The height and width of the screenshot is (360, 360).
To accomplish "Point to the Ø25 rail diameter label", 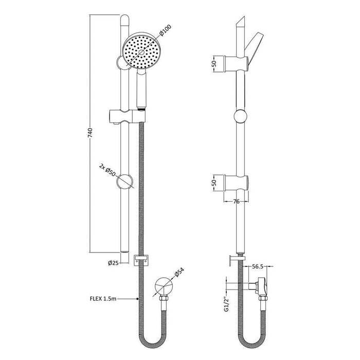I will [114, 263].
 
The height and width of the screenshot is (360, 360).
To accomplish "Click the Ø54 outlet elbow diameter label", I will [179, 275].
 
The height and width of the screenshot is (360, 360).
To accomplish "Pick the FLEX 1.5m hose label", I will [103, 298].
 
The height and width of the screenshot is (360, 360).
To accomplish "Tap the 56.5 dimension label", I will [258, 267].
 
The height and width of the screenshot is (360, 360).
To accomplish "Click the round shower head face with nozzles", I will [141, 51].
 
